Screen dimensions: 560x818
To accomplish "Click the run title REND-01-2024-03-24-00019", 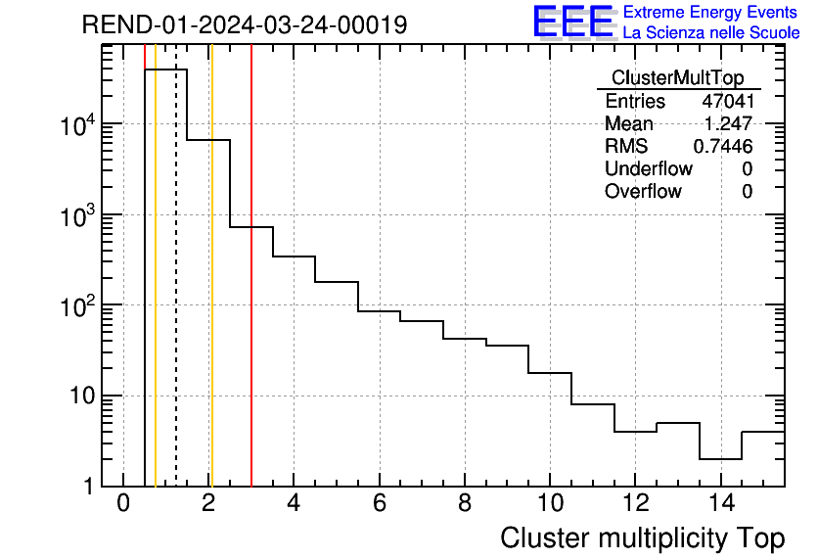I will click(245, 25).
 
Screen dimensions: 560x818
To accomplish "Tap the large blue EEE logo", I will click(572, 22).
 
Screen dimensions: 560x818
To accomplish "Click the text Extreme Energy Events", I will click(710, 13).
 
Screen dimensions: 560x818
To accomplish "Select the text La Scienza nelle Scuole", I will click(710, 33).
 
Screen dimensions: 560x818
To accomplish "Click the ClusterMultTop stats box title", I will click(677, 78).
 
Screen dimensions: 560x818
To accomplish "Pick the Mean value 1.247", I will click(728, 124).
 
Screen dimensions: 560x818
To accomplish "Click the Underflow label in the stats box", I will click(648, 169).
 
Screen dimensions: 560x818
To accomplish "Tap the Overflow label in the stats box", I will click(643, 192).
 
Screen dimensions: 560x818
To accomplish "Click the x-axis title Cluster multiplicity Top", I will click(642, 538).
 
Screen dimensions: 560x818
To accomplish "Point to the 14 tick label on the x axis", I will click(720, 504).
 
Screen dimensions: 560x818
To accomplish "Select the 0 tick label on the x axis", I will click(123, 504).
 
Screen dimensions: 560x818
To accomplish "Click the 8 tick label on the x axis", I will click(465, 504).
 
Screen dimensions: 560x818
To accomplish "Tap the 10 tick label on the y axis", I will click(85, 397).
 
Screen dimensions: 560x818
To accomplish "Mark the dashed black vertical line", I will click(176, 294).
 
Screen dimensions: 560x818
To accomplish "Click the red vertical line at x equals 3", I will click(251, 294).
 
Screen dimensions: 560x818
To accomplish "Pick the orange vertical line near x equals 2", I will click(211, 294).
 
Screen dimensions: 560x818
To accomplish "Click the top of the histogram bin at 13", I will click(677, 423).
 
